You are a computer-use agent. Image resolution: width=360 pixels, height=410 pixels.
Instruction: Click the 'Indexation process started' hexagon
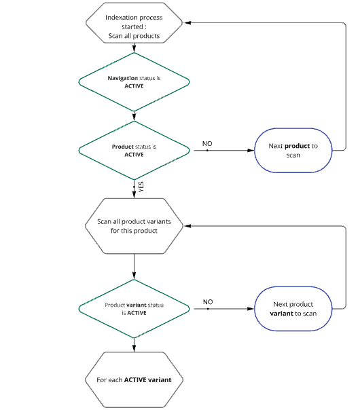coord(134,23)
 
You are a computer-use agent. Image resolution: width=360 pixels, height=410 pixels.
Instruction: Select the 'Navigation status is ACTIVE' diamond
coord(134,82)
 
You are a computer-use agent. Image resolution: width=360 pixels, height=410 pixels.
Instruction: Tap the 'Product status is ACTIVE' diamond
coord(134,150)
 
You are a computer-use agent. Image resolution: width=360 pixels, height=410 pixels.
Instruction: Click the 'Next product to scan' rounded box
coord(293,150)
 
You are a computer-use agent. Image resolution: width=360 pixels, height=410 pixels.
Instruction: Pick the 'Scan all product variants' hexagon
coord(134,226)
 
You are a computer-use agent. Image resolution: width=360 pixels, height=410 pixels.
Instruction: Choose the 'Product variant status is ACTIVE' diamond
coord(134,309)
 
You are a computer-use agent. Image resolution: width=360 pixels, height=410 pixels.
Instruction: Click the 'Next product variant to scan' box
coord(293,309)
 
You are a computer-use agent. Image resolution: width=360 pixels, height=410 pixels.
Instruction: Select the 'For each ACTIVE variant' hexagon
coord(134,379)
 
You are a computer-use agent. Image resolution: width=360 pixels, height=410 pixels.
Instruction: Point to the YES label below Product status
coord(141,187)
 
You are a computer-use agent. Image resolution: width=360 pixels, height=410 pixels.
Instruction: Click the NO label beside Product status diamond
coord(207,143)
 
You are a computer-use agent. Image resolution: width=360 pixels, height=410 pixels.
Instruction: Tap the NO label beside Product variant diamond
coord(208,302)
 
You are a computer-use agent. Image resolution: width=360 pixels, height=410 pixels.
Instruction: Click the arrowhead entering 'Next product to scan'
coord(251,150)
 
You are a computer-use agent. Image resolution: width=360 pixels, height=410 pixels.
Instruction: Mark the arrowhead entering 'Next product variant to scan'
coord(251,309)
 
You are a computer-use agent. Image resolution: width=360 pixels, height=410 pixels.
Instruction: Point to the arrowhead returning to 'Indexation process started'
coord(187,23)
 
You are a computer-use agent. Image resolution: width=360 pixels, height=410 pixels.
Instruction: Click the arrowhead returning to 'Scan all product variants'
coord(187,226)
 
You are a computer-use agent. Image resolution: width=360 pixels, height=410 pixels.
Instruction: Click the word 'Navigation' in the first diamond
coord(123,78)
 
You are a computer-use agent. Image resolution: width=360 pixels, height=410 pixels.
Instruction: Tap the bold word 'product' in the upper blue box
coord(298,146)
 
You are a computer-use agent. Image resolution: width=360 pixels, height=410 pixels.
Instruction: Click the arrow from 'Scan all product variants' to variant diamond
coord(134,267)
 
